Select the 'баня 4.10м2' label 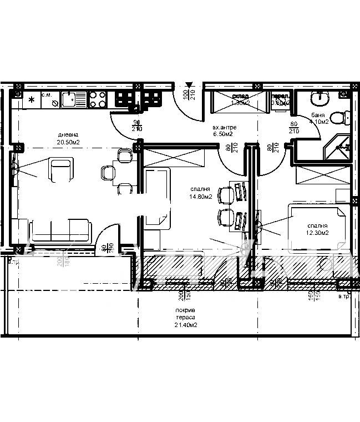point(320,118)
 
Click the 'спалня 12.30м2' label point(318,229)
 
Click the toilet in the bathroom point(346,118)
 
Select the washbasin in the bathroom point(319,99)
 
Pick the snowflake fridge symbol point(32,100)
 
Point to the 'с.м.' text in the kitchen point(48,96)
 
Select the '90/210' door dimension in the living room point(137,125)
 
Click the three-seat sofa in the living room point(60,229)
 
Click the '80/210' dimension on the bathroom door point(293,128)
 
